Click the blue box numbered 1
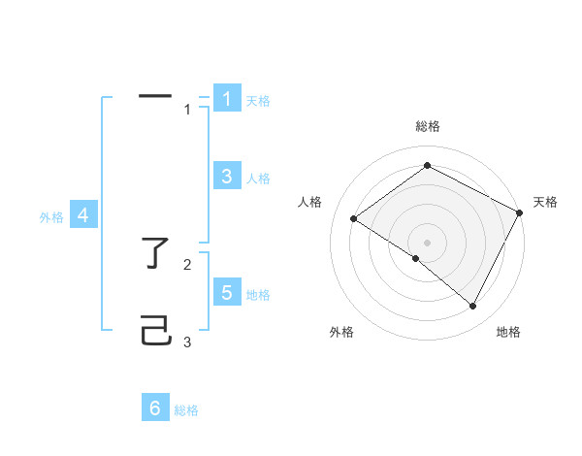226,98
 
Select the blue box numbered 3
226,176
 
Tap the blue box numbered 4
83,215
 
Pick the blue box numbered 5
226,292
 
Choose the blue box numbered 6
155,408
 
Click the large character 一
155,96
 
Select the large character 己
155,331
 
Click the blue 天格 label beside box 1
258,100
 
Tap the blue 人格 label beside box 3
258,179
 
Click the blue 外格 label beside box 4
51,218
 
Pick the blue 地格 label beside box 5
258,295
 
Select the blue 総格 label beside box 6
186,411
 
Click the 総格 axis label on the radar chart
427,126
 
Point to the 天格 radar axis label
545,202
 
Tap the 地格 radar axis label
508,332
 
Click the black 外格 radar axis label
341,332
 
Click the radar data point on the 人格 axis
353,218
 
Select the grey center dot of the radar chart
427,243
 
